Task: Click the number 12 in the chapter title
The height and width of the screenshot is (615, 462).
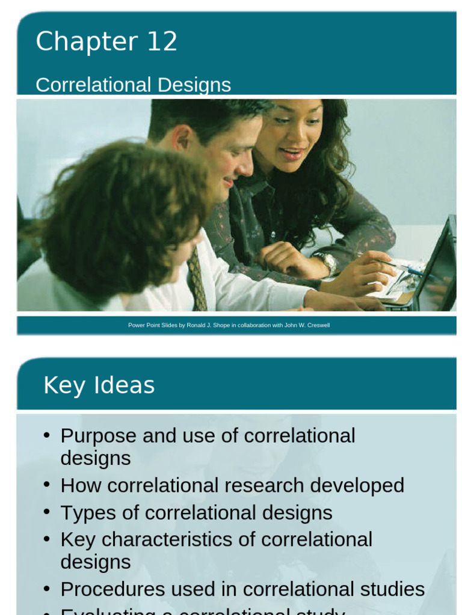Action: pyautogui.click(x=161, y=42)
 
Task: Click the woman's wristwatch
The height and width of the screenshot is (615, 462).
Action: pyautogui.click(x=327, y=262)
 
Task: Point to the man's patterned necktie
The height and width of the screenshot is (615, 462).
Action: pyautogui.click(x=197, y=280)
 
